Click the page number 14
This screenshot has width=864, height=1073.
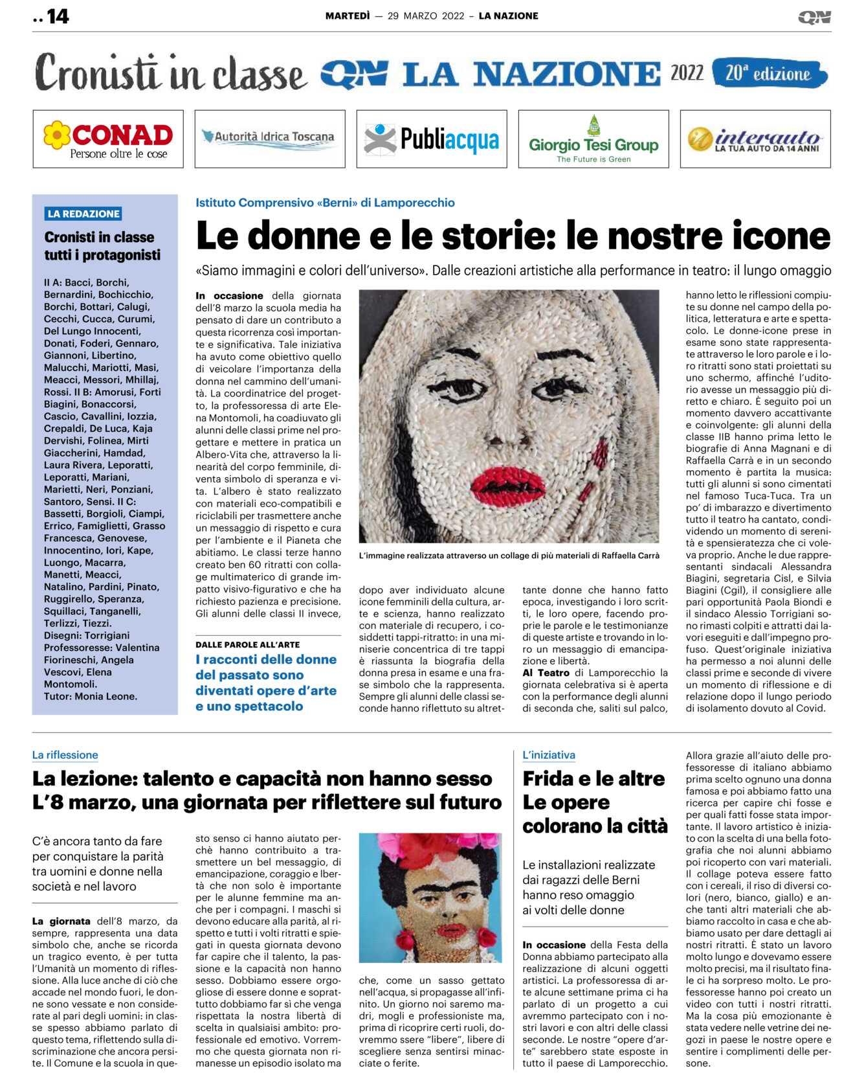pyautogui.click(x=57, y=16)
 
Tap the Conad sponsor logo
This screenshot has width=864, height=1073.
pyautogui.click(x=108, y=139)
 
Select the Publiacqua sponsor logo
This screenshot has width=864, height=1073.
pyautogui.click(x=432, y=139)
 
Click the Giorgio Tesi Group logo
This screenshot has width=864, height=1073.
pyautogui.click(x=593, y=139)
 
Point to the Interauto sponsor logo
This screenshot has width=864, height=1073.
pyautogui.click(x=755, y=139)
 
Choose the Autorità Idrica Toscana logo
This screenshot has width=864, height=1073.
pyautogui.click(x=270, y=138)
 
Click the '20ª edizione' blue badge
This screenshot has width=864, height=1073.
pyautogui.click(x=769, y=73)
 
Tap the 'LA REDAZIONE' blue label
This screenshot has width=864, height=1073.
pyautogui.click(x=83, y=214)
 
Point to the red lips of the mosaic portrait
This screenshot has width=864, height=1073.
pyautogui.click(x=509, y=482)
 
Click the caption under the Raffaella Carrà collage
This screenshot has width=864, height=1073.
pyautogui.click(x=509, y=556)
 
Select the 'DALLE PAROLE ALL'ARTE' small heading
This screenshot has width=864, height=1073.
pyautogui.click(x=247, y=644)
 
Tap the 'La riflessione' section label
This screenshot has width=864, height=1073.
pyautogui.click(x=65, y=755)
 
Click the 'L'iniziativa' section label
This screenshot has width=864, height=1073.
pyautogui.click(x=549, y=755)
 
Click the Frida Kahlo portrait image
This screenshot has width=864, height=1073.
pyautogui.click(x=430, y=898)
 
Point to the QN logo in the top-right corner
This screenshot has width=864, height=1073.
pyautogui.click(x=814, y=17)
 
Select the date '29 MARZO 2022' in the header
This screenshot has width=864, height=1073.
pyautogui.click(x=426, y=16)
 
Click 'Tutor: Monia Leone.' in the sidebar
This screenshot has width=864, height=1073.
pyautogui.click(x=91, y=697)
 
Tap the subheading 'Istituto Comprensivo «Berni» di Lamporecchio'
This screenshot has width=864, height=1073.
pyautogui.click(x=325, y=203)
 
